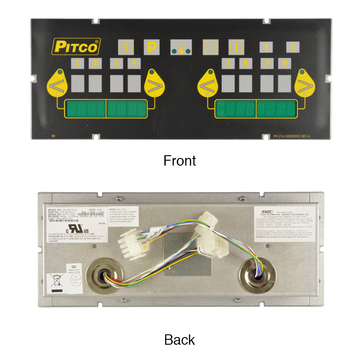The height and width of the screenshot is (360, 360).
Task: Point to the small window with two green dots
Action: click(x=180, y=47)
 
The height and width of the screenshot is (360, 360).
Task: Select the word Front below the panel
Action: click(x=180, y=159)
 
